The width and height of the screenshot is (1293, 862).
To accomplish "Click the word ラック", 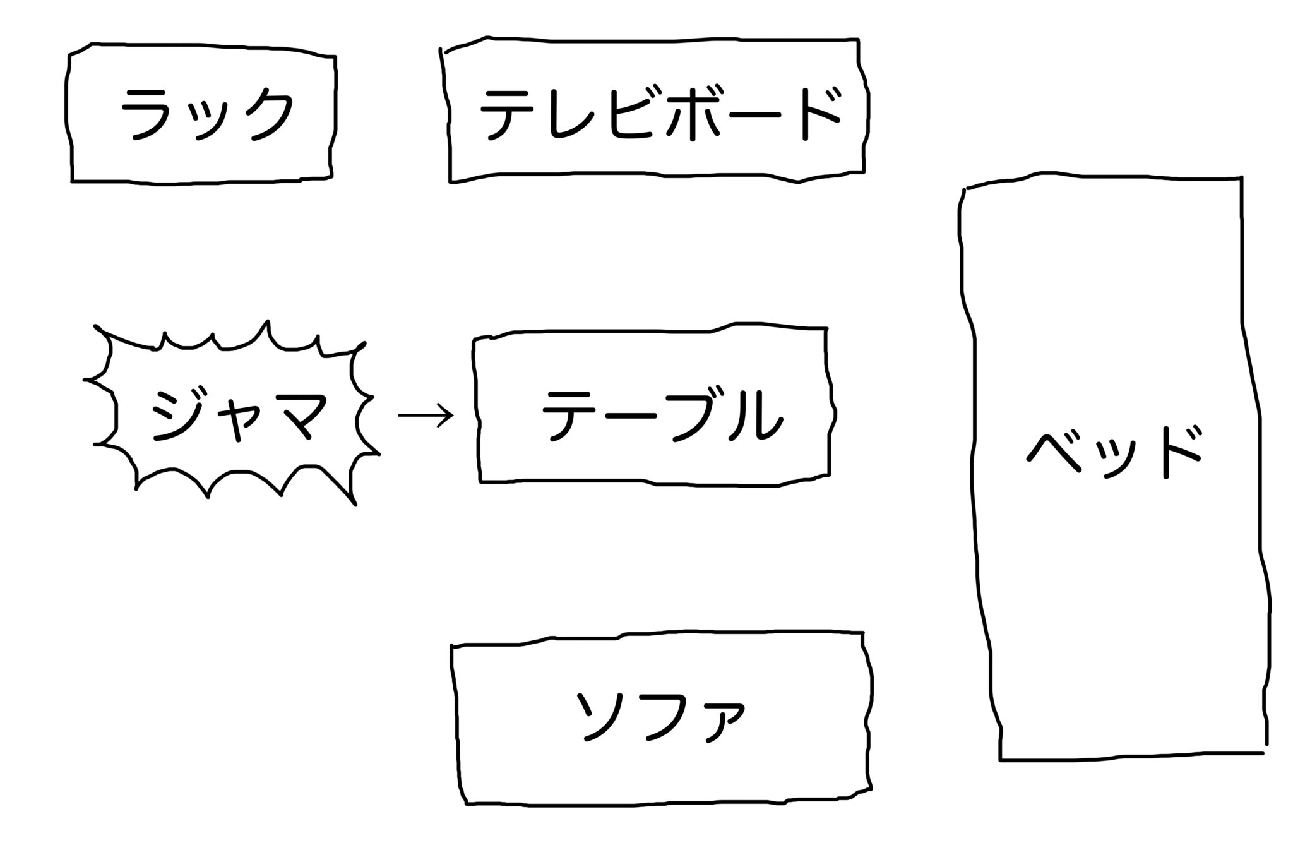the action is pos(207,113).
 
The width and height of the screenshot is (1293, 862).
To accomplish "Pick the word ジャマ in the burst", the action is pos(238,414).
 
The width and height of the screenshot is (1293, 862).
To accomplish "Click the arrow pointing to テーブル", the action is pos(426,415).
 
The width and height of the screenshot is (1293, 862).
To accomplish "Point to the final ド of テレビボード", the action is pos(821,114).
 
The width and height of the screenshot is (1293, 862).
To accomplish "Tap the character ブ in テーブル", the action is pos(692,414).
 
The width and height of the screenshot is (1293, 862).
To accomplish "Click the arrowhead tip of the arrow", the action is pos(455,416).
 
